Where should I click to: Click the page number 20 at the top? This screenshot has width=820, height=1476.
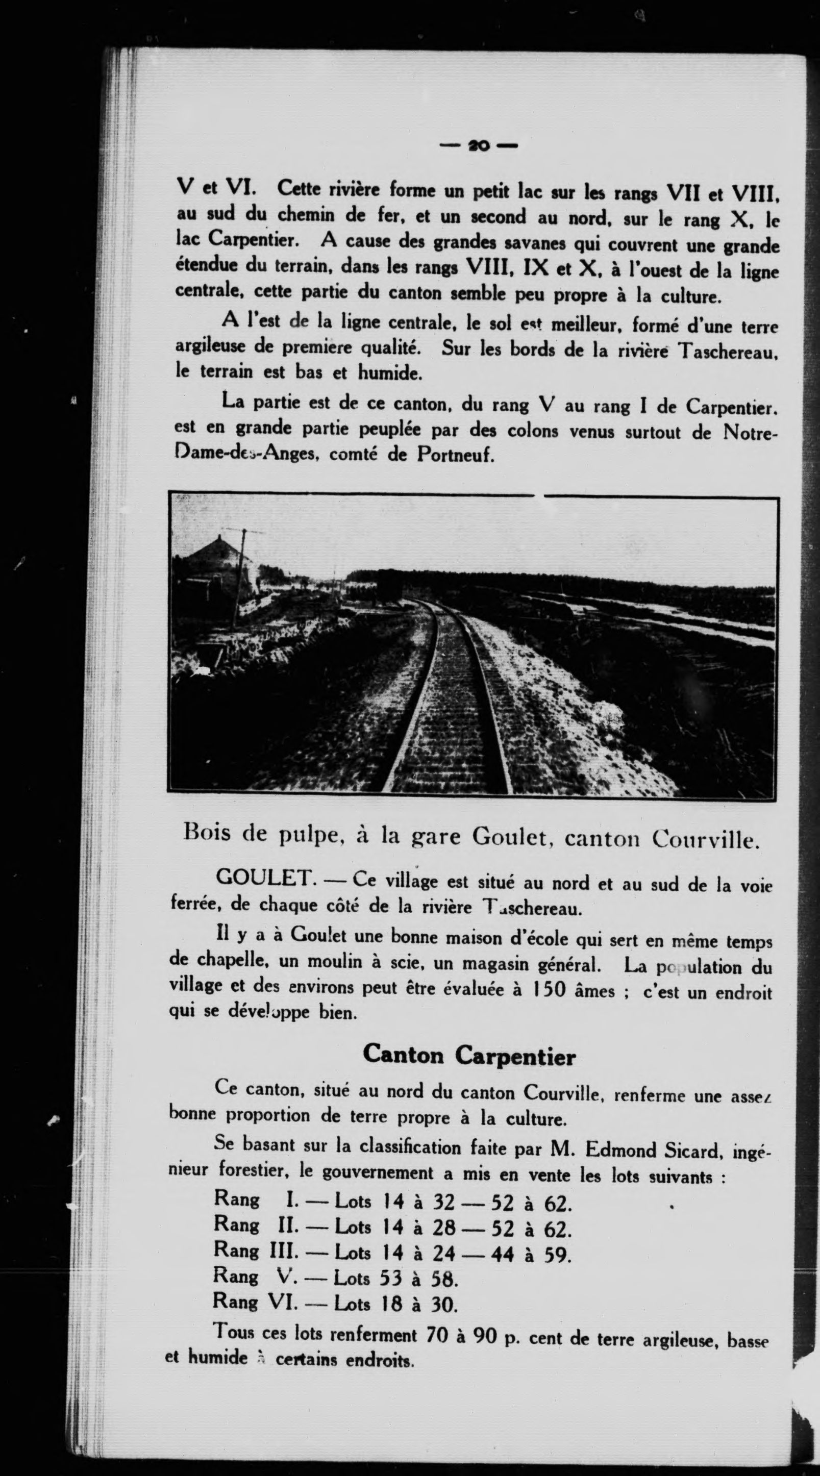pyautogui.click(x=478, y=145)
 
